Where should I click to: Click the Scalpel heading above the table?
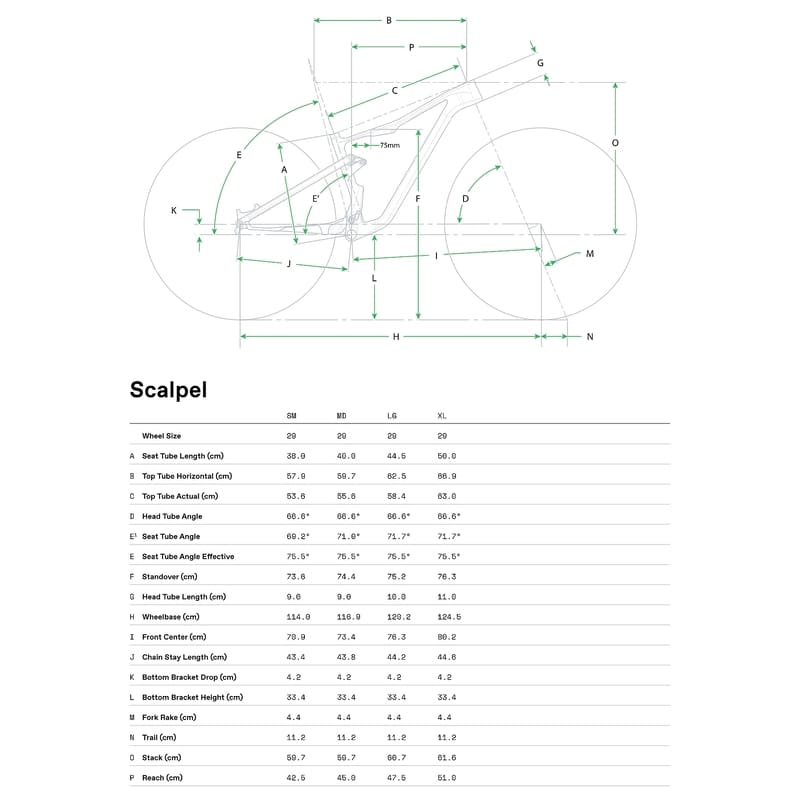click(x=168, y=389)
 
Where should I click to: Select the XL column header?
click(x=442, y=415)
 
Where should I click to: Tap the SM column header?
click(x=292, y=415)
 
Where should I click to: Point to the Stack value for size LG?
click(x=396, y=758)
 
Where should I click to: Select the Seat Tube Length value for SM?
click(x=296, y=456)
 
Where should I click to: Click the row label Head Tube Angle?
click(x=172, y=516)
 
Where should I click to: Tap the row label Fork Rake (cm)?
click(x=169, y=717)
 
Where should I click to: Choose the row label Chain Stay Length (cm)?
click(x=185, y=657)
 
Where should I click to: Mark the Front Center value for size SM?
click(x=296, y=637)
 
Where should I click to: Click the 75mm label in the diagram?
click(x=390, y=146)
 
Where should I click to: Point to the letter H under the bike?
click(x=396, y=337)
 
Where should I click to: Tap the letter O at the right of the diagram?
click(x=615, y=143)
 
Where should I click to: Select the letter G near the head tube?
click(x=540, y=63)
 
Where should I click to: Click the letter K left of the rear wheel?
click(x=173, y=211)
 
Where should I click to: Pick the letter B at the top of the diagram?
click(x=389, y=20)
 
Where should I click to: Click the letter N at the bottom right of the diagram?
click(x=590, y=337)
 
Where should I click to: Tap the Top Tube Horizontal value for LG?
click(x=396, y=476)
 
